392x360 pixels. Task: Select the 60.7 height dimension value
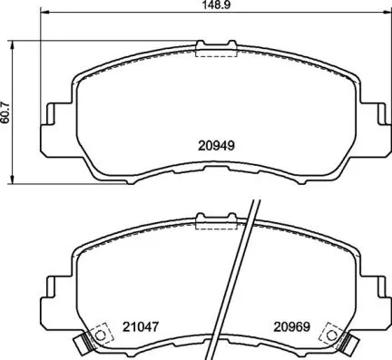click(7, 110)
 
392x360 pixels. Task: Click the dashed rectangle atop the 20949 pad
click(215, 51)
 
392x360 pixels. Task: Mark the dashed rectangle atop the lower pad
click(215, 221)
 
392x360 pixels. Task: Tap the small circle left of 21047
click(100, 335)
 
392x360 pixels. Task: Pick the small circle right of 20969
click(329, 335)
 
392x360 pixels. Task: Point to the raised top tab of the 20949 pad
click(215, 43)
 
